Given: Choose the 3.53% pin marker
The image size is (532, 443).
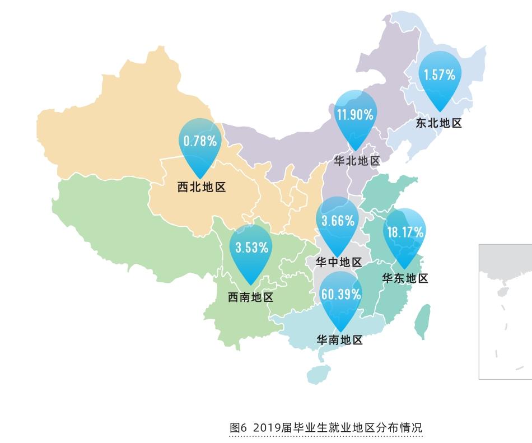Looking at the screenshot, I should click(251, 251).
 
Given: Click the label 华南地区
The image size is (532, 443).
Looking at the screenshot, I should click(340, 339).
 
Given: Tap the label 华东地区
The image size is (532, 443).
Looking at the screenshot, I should click(405, 278).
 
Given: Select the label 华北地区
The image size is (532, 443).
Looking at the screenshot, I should click(357, 161).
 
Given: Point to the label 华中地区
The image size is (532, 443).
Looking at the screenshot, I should click(338, 262).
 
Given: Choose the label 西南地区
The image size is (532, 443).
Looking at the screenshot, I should click(250, 297).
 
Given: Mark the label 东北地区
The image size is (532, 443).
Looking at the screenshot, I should click(438, 123).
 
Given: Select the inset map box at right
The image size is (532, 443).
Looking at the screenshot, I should click(505, 311).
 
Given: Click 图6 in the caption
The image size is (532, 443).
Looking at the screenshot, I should click(239, 427).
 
